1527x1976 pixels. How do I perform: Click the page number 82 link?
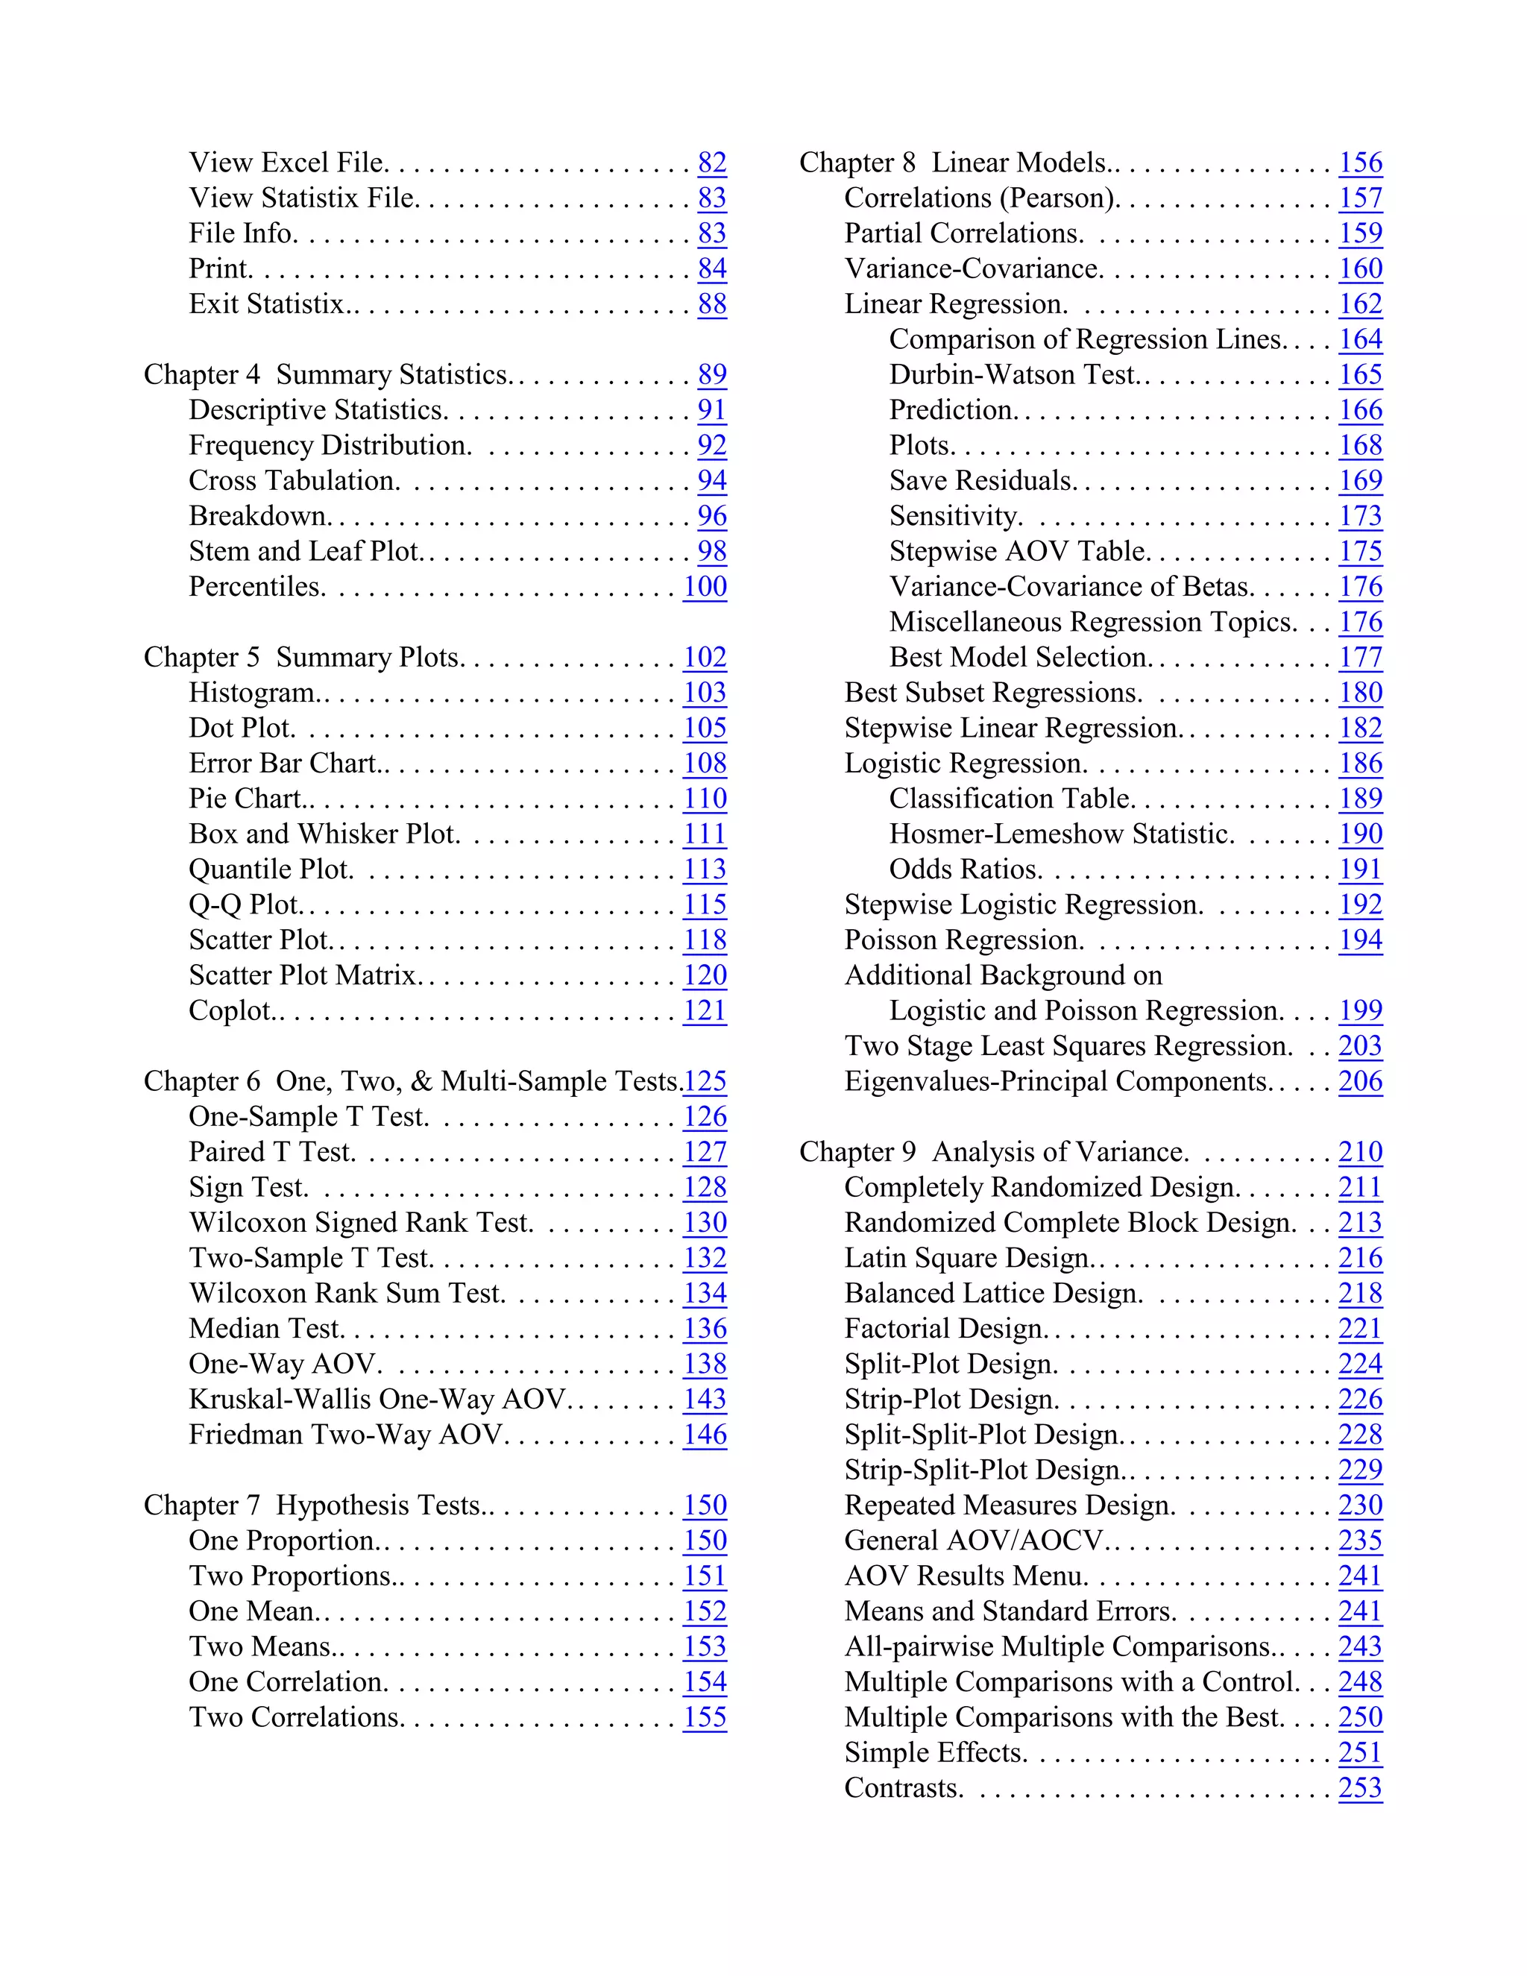pos(712,163)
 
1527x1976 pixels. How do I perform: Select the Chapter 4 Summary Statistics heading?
pos(327,374)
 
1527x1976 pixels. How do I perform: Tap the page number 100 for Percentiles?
pos(705,586)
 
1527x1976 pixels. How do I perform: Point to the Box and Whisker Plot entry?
pos(323,834)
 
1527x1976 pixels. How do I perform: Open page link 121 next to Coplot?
pos(705,1010)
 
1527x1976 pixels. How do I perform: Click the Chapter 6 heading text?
pos(412,1081)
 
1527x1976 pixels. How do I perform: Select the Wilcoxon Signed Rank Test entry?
pos(360,1222)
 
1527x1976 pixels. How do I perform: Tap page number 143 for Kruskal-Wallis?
pos(705,1399)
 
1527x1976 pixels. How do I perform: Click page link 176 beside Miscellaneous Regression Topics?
pos(1361,622)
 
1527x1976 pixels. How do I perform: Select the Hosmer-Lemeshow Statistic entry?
pos(1060,834)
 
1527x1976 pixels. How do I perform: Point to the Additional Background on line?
pos(1002,975)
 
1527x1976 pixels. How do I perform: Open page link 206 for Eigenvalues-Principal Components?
pos(1361,1081)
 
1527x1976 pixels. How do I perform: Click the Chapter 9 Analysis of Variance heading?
pos(992,1152)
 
